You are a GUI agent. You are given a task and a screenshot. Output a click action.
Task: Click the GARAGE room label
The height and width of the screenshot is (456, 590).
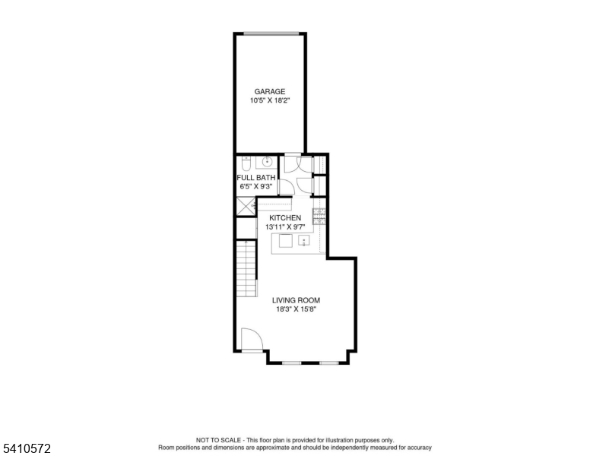coord(270,91)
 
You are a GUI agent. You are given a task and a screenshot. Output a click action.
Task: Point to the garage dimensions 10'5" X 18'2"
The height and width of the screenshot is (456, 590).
coord(270,101)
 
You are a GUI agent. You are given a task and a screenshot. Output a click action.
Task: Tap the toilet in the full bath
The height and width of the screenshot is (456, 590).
coord(246,163)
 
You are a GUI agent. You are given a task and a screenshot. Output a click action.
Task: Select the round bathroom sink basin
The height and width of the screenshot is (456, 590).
coord(267,163)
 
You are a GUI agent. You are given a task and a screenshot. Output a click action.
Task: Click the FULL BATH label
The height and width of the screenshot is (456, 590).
coord(256,178)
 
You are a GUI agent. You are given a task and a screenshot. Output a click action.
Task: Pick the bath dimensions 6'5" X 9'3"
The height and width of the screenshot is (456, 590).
coord(256,187)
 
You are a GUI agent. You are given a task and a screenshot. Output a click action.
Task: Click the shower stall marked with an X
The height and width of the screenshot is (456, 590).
coord(246,206)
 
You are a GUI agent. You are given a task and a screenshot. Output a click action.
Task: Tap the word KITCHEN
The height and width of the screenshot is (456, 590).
coord(285,218)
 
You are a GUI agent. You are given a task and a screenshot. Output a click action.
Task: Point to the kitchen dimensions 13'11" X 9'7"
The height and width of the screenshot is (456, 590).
coord(285,227)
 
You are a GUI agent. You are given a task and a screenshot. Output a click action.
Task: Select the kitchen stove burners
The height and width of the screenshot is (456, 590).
coord(319,217)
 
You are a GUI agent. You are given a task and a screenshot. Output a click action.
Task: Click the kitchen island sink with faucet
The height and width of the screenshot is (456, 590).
coord(303,240)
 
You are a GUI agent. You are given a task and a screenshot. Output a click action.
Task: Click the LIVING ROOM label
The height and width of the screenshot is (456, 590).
coord(296,300)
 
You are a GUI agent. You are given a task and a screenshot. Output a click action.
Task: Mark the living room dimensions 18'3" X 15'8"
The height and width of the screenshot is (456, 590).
coord(296,309)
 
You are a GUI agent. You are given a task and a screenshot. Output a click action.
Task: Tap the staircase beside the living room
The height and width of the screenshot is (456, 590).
coord(246,268)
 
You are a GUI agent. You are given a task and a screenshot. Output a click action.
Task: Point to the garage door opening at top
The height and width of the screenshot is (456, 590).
coord(271,34)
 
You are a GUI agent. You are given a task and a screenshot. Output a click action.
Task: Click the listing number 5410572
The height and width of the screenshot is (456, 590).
coord(27,448)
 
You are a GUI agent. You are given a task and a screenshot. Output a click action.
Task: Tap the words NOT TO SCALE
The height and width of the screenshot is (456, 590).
coord(218,440)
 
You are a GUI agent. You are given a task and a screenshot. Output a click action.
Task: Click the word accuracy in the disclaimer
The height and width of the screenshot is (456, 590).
coord(419,448)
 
